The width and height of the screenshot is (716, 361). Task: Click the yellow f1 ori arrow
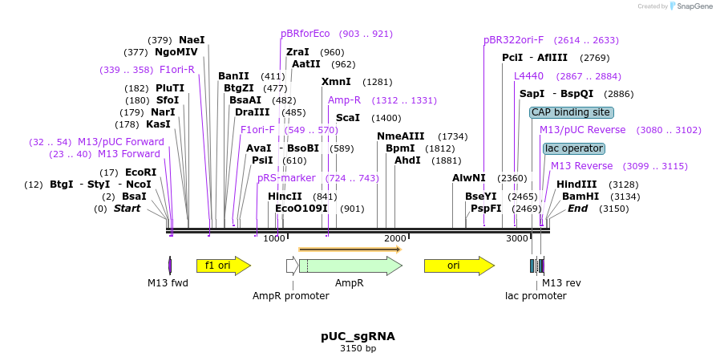pos(223,266)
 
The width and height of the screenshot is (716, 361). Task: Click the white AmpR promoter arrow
pos(292,266)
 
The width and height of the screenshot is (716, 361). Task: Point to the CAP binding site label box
pos(571,112)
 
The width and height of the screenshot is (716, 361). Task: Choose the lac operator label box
pos(573,148)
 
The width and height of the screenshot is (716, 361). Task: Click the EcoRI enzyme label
pos(140,172)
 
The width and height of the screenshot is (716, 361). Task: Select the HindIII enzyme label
pos(576,185)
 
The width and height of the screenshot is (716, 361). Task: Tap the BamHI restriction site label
pos(580,197)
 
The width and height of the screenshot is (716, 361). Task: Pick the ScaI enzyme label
pos(348,118)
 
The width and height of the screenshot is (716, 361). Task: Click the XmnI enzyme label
pos(336,82)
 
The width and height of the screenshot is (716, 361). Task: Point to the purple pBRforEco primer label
pos(305,34)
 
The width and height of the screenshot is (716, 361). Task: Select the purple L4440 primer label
pos(528,76)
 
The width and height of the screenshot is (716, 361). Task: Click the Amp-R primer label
pos(344,100)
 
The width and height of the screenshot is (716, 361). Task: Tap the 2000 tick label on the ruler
pos(395,238)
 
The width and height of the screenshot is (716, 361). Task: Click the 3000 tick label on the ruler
pos(516,238)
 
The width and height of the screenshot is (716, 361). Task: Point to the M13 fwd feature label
pos(168,283)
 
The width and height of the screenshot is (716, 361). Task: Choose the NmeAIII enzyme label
pos(400,136)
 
